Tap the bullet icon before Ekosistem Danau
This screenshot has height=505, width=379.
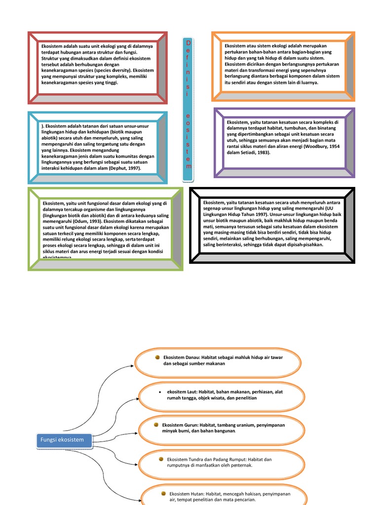[x=157, y=357]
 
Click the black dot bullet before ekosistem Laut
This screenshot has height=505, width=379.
[x=160, y=392]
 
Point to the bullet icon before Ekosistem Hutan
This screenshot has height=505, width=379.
[x=163, y=493]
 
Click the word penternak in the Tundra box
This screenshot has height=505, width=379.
[x=240, y=465]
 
